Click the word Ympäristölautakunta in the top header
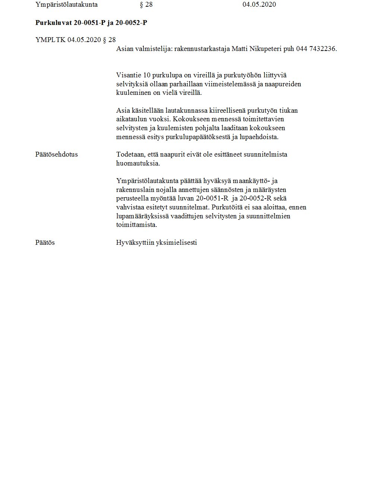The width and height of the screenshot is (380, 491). tap(66, 5)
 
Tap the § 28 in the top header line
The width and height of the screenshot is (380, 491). tap(146, 5)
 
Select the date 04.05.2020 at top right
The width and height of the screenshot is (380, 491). tap(259, 5)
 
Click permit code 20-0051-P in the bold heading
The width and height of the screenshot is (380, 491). tap(90, 23)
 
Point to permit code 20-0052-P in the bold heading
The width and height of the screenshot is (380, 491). tap(131, 23)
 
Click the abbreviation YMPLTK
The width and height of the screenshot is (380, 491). tap(50, 40)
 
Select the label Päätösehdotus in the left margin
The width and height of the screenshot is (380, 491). tap(57, 154)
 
